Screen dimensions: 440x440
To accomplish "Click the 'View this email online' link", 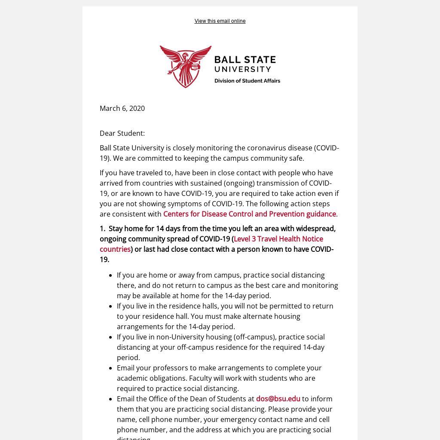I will [220, 21].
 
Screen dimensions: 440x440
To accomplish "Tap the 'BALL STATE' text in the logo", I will [245, 60].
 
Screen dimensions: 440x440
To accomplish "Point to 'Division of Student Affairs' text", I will [247, 81].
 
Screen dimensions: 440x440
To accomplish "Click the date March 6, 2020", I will [122, 108].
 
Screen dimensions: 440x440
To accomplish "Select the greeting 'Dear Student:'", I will [122, 133].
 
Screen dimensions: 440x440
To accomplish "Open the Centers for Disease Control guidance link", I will [249, 214].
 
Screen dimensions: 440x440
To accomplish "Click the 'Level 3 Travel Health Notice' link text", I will [278, 239].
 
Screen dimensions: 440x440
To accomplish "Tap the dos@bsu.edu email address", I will [278, 399].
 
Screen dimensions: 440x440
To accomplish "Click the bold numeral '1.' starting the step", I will [103, 229].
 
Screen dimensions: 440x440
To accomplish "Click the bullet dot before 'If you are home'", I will [111, 275].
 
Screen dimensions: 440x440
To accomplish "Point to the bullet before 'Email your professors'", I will [111, 368].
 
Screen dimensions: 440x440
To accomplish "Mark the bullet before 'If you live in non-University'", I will [111, 337].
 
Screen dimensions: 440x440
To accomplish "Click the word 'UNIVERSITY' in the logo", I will [243, 69].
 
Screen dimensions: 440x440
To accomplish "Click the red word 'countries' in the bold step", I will [115, 249].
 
